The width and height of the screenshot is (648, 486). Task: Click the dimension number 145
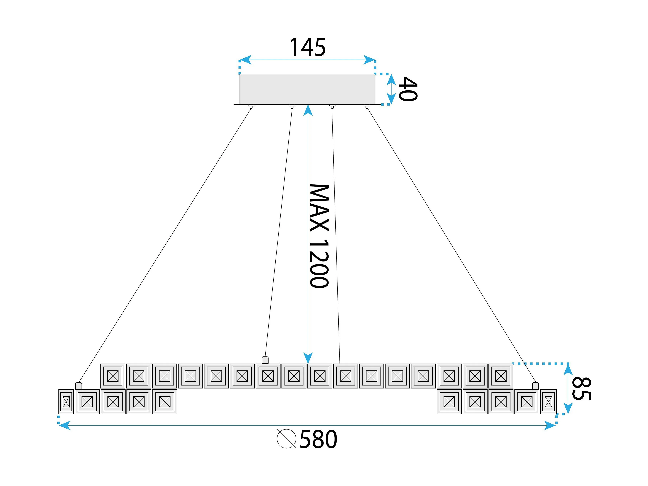coord(307,47)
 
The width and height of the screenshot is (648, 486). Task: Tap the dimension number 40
coord(408,89)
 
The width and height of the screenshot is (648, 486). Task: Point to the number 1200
coord(319,264)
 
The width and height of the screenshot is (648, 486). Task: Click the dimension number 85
coord(582,388)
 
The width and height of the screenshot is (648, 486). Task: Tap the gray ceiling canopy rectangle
coord(307,89)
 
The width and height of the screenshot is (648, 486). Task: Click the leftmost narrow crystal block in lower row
coord(66,402)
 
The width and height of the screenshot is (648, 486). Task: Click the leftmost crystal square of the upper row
coord(113,376)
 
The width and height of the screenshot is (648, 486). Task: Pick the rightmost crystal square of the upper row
coord(501,376)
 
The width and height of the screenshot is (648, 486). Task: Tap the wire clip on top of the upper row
coord(265,360)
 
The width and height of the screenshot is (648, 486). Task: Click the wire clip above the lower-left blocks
coord(79,386)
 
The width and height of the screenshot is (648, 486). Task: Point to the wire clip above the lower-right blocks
coord(535,386)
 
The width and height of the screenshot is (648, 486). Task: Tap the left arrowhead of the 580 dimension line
coord(64,425)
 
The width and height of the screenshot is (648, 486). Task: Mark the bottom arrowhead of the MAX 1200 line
coord(308,358)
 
